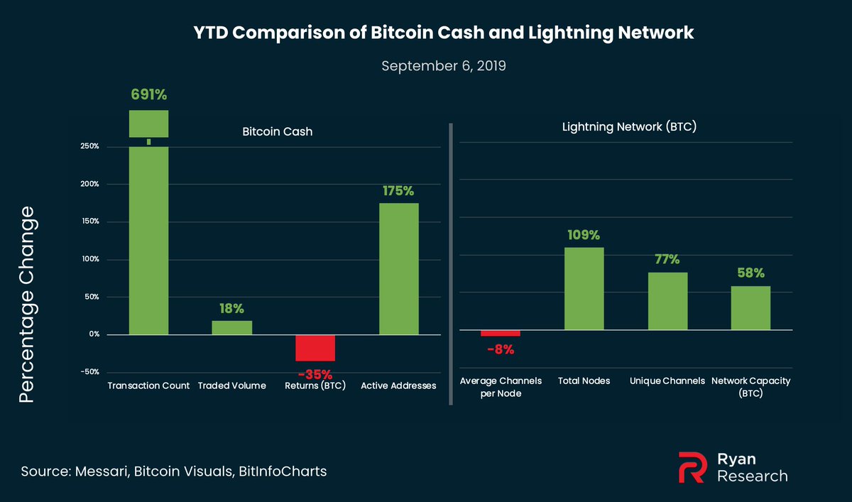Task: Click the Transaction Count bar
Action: [148, 241]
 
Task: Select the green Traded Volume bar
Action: [232, 327]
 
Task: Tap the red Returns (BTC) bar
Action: [315, 348]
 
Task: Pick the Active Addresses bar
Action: [399, 268]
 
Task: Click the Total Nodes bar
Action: [584, 289]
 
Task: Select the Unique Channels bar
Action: [667, 301]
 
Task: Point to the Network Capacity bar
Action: [750, 308]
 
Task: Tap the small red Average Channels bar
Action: [501, 333]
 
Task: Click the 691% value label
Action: [148, 94]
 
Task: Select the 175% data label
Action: [399, 191]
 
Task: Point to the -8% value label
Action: [501, 349]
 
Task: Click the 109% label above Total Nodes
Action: [584, 235]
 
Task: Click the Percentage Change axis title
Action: [26, 305]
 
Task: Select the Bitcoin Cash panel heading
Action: [268, 132]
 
